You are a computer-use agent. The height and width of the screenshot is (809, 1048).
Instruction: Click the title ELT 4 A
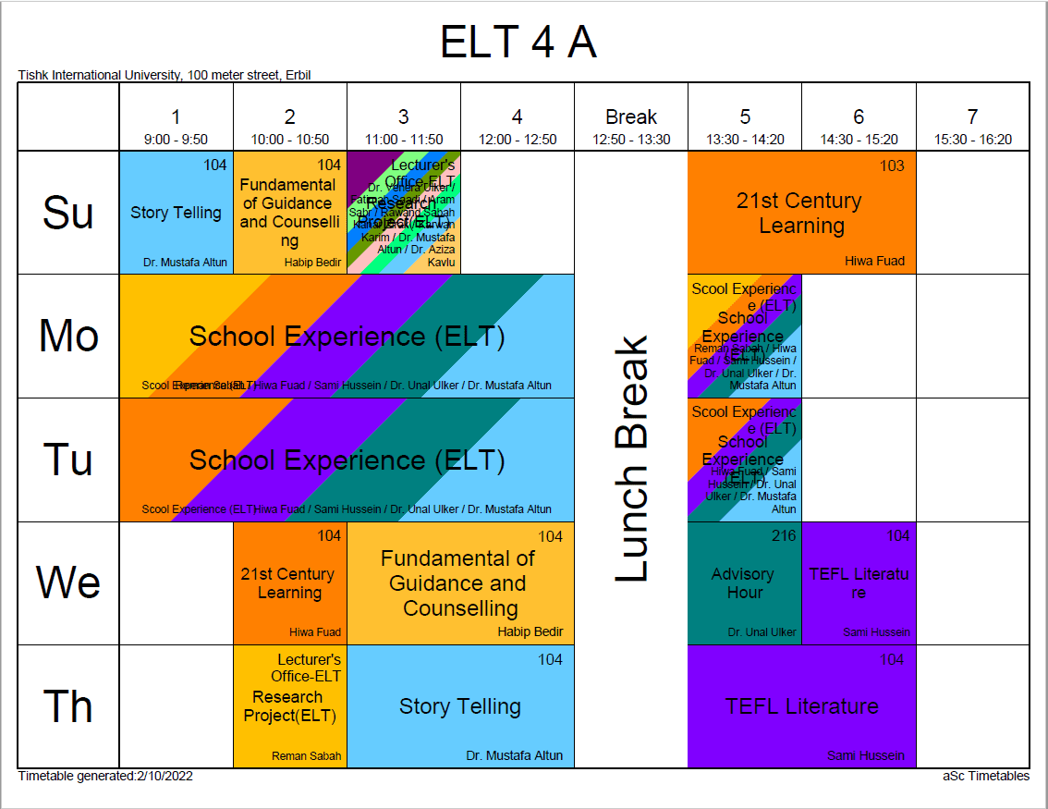518,43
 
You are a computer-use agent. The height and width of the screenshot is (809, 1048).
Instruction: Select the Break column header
631,117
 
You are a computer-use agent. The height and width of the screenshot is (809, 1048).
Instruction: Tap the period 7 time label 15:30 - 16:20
972,140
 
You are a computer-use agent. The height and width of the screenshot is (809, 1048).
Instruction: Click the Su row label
68,213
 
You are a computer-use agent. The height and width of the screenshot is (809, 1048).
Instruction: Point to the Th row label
68,706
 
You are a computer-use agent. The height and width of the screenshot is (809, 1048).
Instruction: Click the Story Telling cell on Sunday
176,213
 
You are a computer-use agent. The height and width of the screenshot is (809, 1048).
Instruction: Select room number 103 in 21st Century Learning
892,165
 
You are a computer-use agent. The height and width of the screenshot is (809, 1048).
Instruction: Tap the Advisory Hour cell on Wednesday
744,583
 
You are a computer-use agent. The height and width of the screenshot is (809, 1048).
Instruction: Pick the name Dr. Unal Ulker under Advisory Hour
762,632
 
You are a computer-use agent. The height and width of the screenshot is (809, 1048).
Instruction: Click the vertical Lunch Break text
632,460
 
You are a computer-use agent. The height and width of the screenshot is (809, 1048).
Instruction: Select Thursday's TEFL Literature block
801,706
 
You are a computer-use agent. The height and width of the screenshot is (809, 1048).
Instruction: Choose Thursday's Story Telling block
460,706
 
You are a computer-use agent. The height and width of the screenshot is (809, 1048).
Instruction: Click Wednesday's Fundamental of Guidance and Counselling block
458,583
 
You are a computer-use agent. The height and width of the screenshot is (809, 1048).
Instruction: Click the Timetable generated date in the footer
105,777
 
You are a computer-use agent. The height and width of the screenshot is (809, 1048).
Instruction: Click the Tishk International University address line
165,75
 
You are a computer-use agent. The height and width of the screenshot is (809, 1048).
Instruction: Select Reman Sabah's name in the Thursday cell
306,756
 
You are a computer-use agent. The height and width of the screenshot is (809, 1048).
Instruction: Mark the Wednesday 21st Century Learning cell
289,583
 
